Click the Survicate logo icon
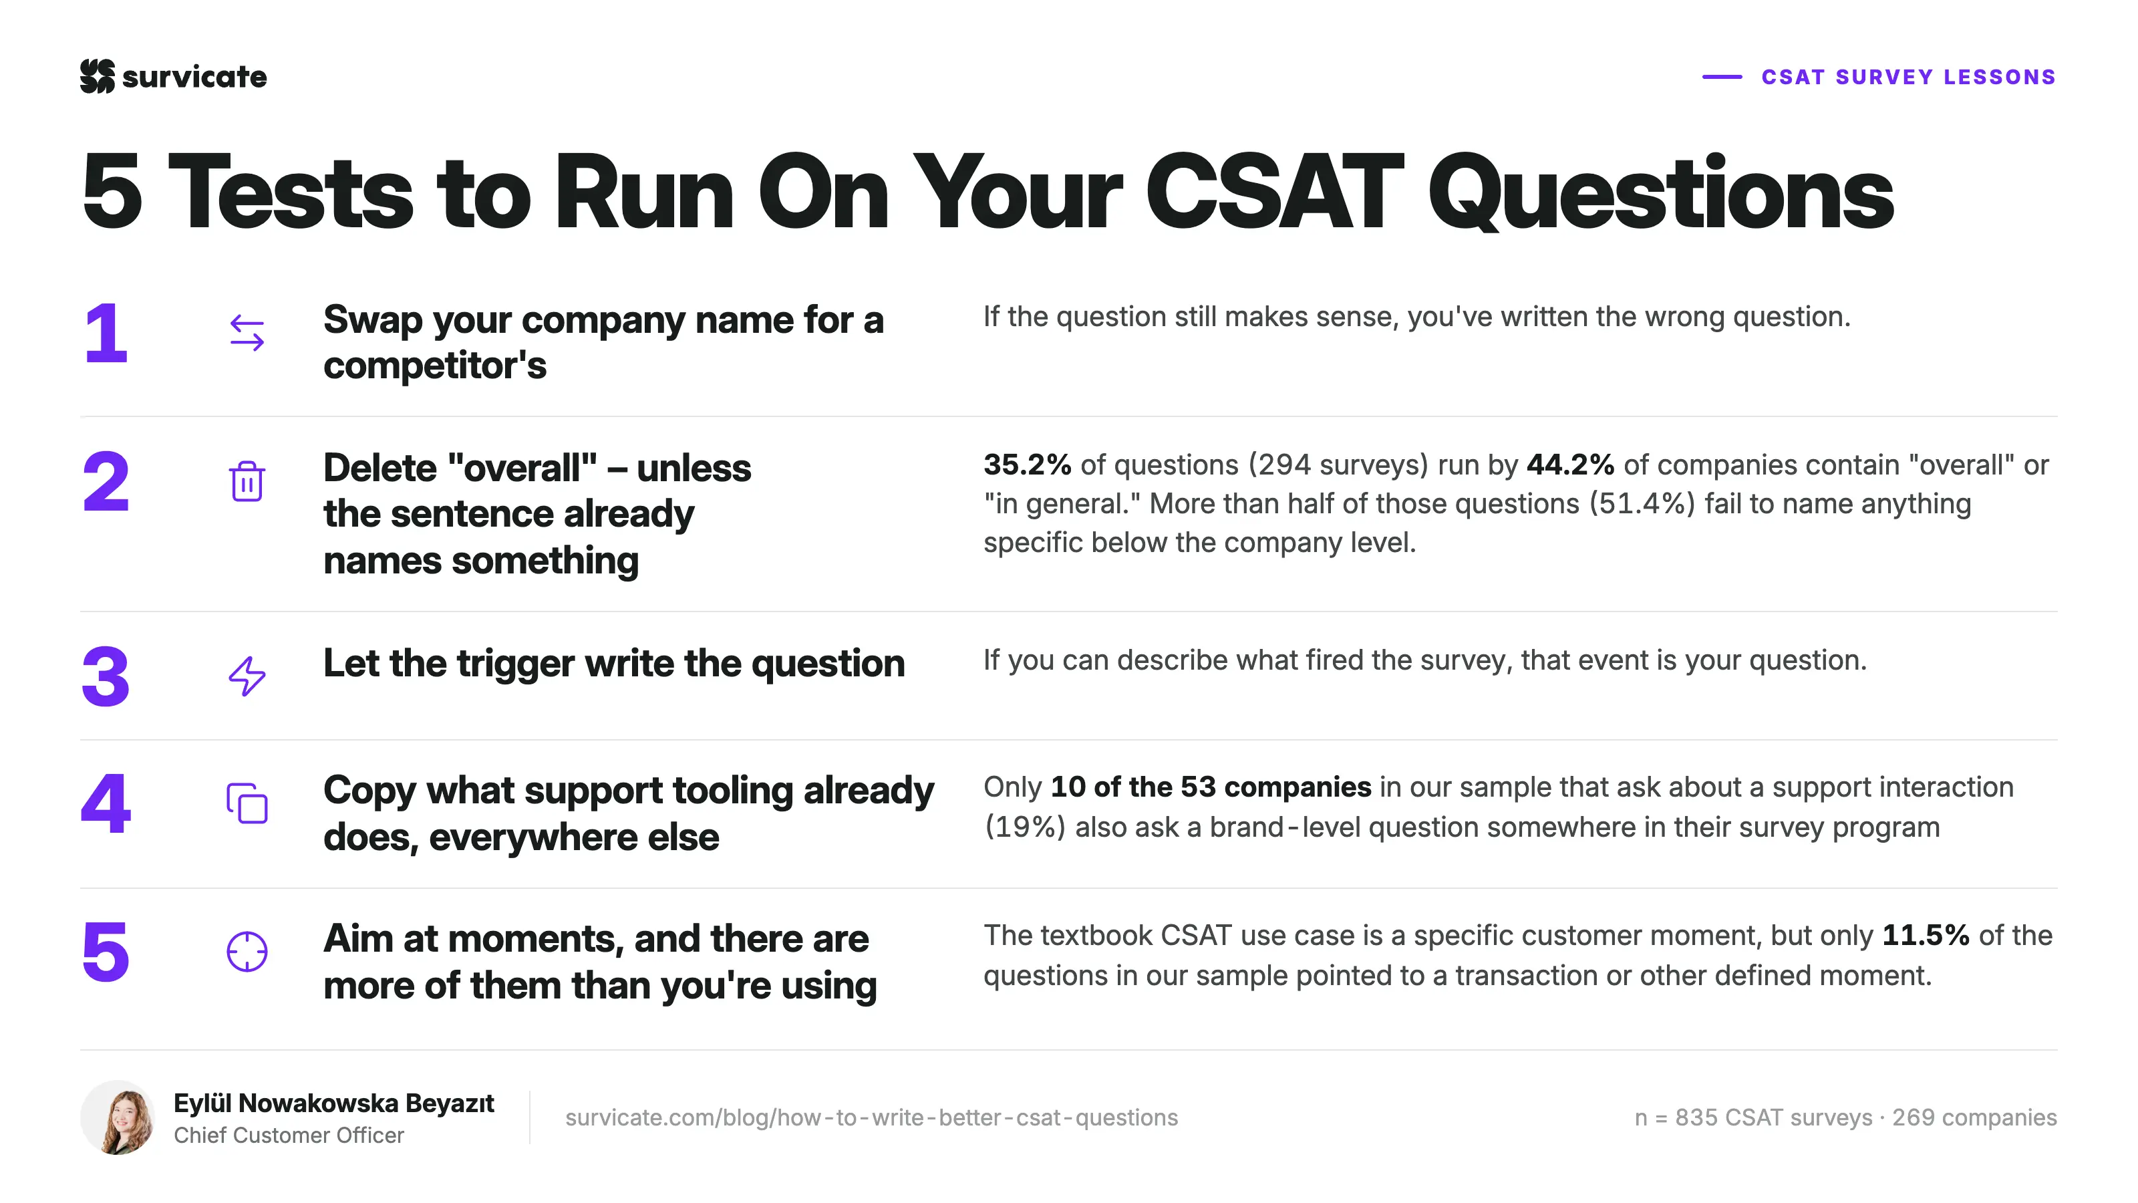[x=97, y=76]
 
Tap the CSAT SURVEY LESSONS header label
[x=1908, y=78]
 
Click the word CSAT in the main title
[x=1274, y=192]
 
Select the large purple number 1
[x=106, y=333]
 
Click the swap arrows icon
[x=247, y=333]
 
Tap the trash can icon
[x=247, y=481]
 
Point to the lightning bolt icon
[x=247, y=676]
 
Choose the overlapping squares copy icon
[x=247, y=803]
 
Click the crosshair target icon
[x=247, y=952]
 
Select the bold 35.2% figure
[x=1028, y=465]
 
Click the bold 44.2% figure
[x=1570, y=465]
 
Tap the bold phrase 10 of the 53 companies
[x=1211, y=787]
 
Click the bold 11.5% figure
[x=1926, y=936]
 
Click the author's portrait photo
[x=118, y=1117]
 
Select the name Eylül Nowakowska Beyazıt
[x=333, y=1103]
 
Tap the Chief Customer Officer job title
[x=289, y=1135]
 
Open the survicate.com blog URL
[x=871, y=1117]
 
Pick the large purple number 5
[x=106, y=952]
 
